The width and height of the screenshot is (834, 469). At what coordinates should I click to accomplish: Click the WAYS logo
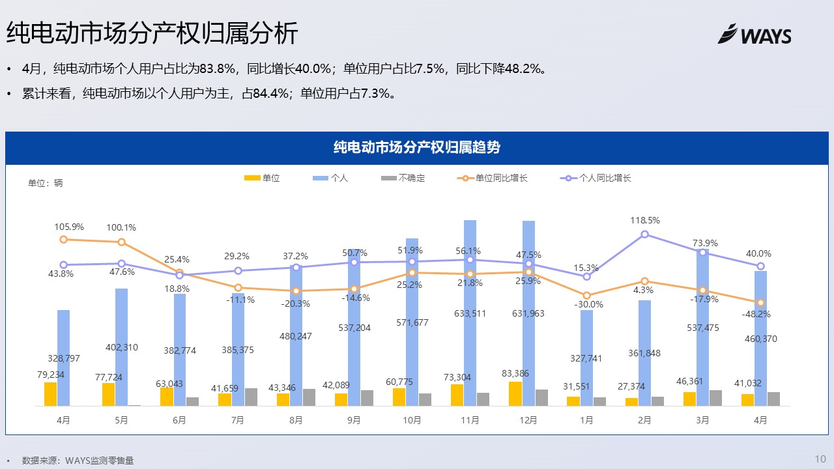click(755, 35)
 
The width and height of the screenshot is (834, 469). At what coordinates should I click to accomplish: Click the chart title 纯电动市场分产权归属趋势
click(416, 147)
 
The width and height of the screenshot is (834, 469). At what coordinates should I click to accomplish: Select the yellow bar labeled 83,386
click(515, 393)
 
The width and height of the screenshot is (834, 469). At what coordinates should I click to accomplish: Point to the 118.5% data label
click(645, 220)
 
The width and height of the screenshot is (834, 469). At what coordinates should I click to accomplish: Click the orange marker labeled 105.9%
click(63, 240)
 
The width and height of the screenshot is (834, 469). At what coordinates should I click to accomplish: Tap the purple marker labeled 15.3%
click(586, 276)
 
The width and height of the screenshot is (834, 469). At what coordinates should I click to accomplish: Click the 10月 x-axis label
click(412, 420)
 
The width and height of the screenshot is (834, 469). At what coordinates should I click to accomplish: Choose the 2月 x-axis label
click(644, 420)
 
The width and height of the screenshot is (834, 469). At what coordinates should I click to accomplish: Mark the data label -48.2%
click(756, 314)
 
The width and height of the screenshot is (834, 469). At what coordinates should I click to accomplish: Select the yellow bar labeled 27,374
click(631, 401)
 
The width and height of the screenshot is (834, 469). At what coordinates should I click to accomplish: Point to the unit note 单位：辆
click(46, 183)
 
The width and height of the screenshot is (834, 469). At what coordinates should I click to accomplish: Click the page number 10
click(820, 459)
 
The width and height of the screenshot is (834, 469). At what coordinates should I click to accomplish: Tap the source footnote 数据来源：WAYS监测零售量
click(78, 461)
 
